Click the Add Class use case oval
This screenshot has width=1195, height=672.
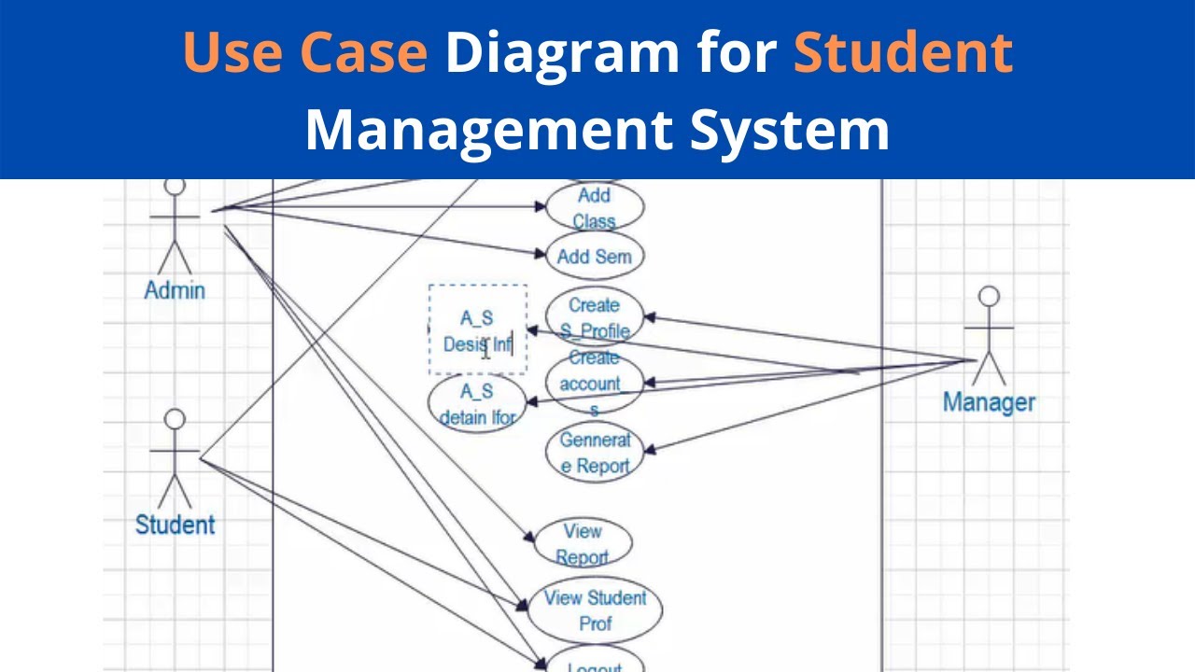pos(595,207)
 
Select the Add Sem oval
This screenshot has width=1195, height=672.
pos(595,257)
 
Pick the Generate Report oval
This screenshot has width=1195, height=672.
pos(595,453)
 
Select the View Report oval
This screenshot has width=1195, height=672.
pos(583,544)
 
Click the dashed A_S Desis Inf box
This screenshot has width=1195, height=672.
pos(477,329)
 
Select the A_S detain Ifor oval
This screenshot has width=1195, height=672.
pos(477,404)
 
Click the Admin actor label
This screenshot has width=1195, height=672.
pos(175,290)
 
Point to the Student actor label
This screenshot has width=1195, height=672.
pos(175,525)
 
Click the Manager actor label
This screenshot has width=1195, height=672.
pos(989,402)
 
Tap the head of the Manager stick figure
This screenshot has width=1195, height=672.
pos(989,298)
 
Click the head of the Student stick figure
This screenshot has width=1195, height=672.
pos(175,419)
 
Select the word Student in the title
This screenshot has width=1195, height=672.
pos(903,52)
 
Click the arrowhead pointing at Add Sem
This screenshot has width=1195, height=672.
pos(541,252)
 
